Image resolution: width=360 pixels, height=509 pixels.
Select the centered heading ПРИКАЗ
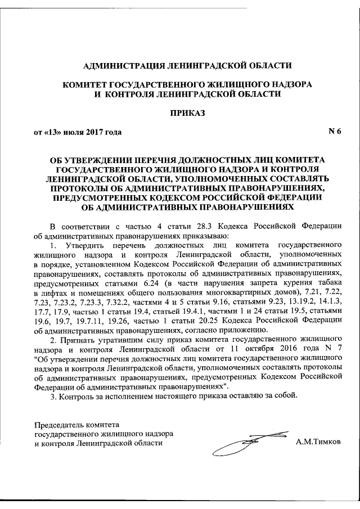(188, 112)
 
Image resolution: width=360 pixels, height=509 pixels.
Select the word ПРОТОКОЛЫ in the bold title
(82, 188)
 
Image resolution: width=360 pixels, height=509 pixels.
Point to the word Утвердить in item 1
(84, 245)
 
